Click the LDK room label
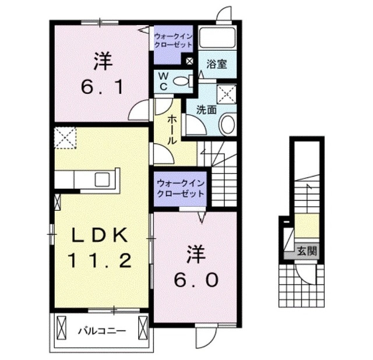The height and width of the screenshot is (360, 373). (x=99, y=235)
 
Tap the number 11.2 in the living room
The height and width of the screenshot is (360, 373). (x=99, y=260)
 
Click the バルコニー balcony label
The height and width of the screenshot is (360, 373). (x=102, y=331)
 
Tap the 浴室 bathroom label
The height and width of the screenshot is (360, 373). (x=218, y=65)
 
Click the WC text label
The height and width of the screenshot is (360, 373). (x=164, y=81)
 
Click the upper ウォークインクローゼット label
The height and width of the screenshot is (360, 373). (x=173, y=40)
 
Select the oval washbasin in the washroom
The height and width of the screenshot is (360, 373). (x=228, y=123)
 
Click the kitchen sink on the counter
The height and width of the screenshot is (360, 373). (x=98, y=178)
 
